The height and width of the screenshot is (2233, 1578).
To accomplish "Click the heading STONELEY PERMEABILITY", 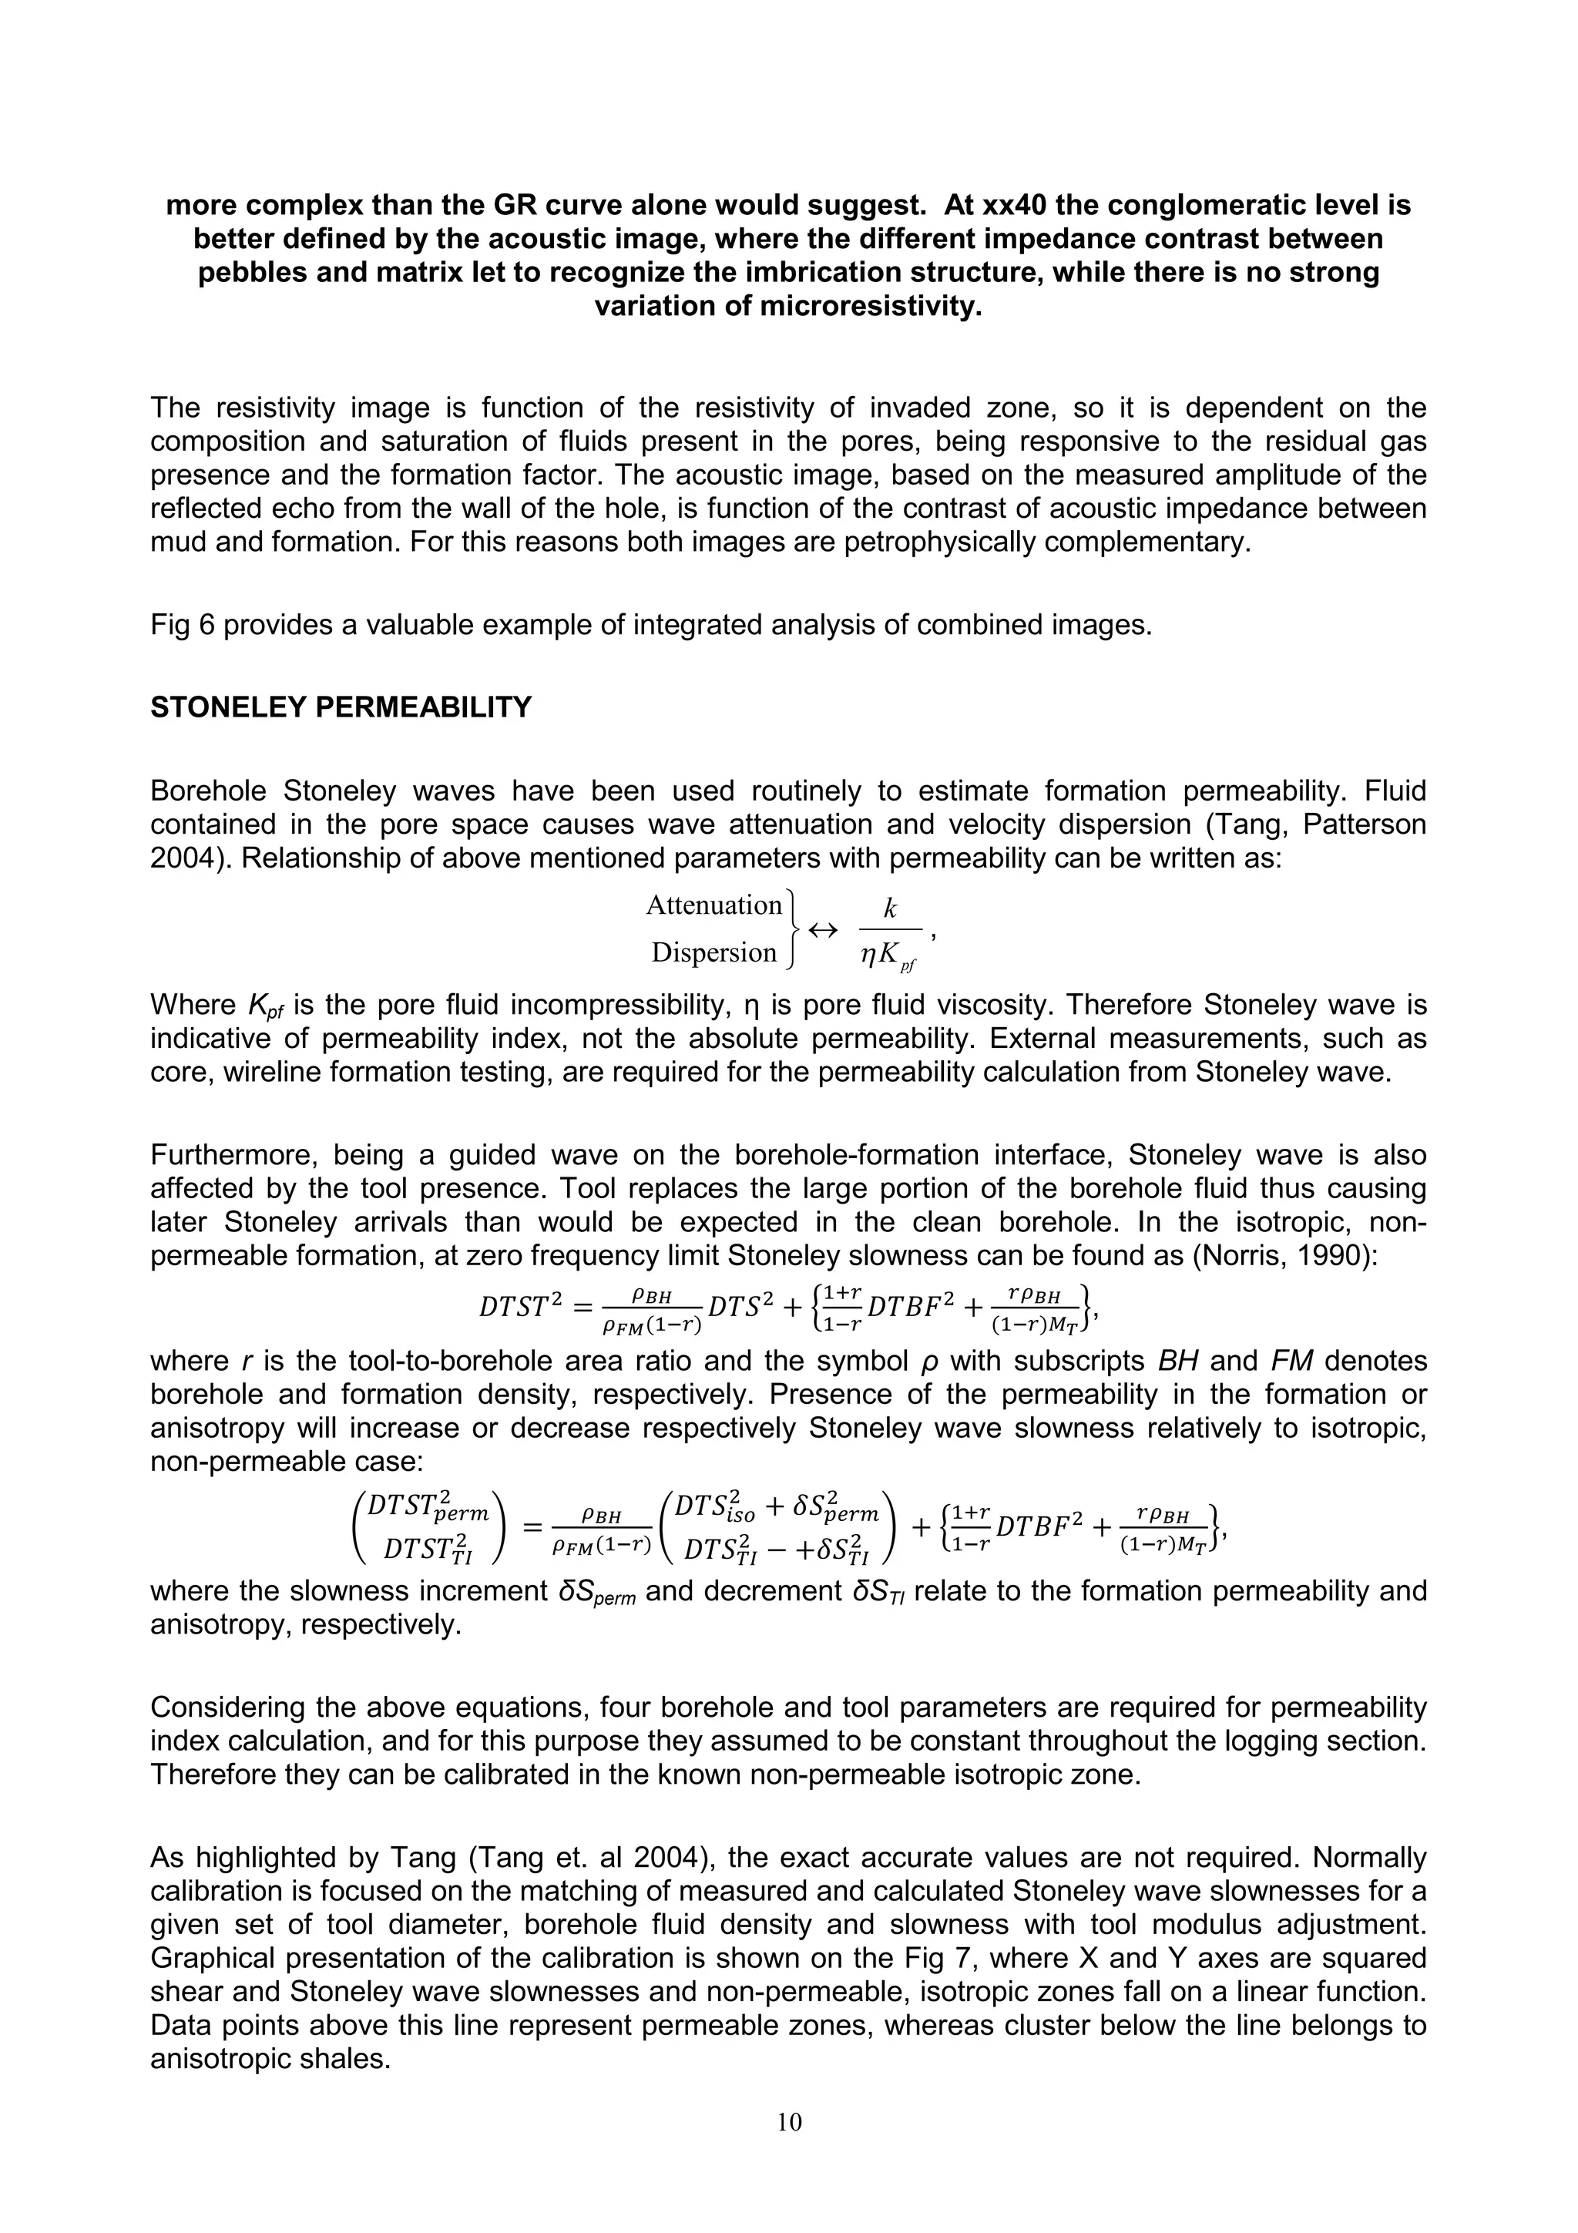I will coord(341,707).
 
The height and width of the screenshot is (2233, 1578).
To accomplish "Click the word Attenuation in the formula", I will coord(713,905).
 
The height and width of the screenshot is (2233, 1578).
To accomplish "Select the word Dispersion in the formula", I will coord(713,952).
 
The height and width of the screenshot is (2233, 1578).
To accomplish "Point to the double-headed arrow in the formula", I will coord(823,930).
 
